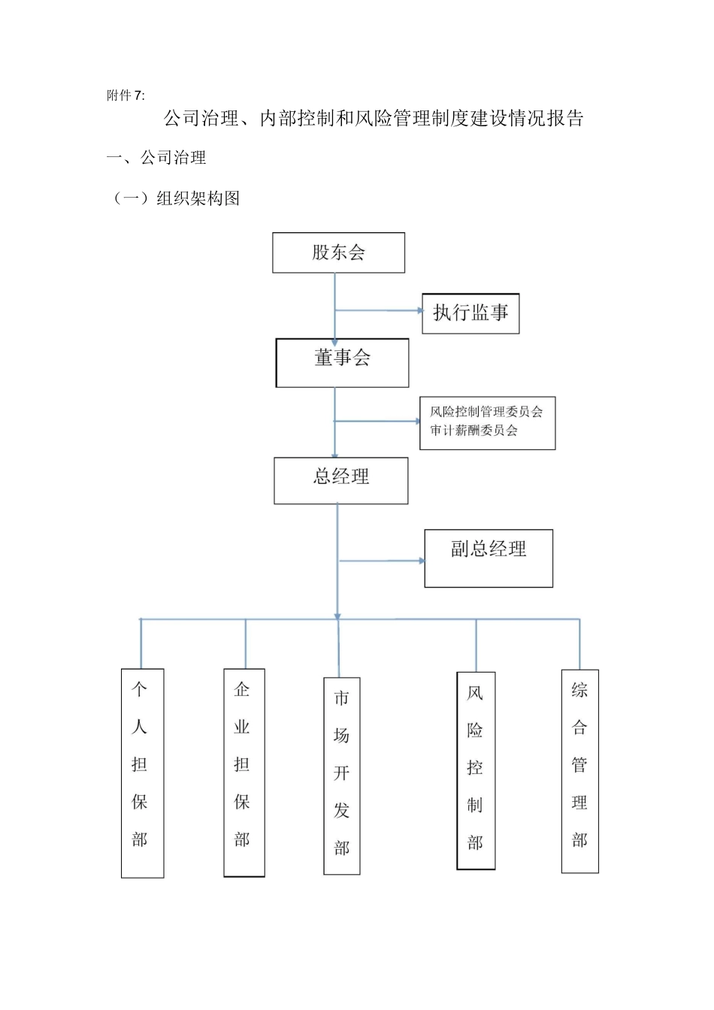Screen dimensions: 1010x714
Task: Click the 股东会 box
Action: tap(338, 252)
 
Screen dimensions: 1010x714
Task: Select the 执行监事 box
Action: tap(470, 313)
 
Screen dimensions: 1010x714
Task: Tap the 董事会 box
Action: tap(342, 362)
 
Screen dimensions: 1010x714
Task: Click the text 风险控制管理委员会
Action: tap(486, 412)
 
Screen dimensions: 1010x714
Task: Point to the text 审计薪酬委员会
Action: tap(473, 431)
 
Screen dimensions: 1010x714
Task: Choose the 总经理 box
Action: tap(340, 480)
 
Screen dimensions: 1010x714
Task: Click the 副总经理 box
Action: tap(489, 558)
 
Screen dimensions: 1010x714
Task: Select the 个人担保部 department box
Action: tap(142, 773)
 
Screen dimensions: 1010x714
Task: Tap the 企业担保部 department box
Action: tap(244, 773)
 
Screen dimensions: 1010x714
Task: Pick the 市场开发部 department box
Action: tap(342, 776)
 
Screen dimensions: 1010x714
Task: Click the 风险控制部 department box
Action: tap(476, 770)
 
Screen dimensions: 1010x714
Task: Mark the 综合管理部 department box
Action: tap(579, 771)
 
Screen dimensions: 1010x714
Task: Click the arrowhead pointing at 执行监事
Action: tap(420, 310)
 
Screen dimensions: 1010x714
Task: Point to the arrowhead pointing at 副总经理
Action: tap(422, 561)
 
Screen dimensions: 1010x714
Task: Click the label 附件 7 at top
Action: tap(126, 95)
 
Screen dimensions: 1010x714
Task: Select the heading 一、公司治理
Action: tap(156, 158)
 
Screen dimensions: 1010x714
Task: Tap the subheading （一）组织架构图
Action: tap(177, 198)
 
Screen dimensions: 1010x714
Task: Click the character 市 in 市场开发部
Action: tap(342, 698)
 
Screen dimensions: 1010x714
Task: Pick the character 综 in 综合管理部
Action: tap(579, 690)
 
